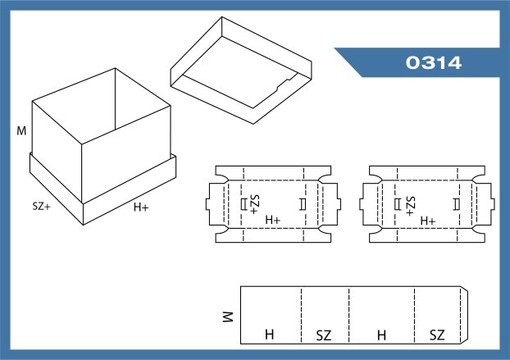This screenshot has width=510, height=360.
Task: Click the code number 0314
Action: point(435,62)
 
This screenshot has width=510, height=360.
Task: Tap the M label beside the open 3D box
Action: point(21,130)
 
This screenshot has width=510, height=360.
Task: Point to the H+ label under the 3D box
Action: point(141,207)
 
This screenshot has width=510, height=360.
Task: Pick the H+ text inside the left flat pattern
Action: point(273,221)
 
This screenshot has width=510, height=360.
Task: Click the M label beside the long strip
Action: point(228,317)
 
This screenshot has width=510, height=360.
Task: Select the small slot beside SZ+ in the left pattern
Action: point(243,203)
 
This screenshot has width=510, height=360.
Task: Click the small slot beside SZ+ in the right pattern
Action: point(398,203)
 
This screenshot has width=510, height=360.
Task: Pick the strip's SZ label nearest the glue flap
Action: point(436,335)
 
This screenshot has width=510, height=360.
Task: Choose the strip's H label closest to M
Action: point(268,335)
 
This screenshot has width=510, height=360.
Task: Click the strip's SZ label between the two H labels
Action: point(324,335)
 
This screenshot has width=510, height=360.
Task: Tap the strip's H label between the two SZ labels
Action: point(380,335)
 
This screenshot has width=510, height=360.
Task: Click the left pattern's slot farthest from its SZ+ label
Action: point(303,203)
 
